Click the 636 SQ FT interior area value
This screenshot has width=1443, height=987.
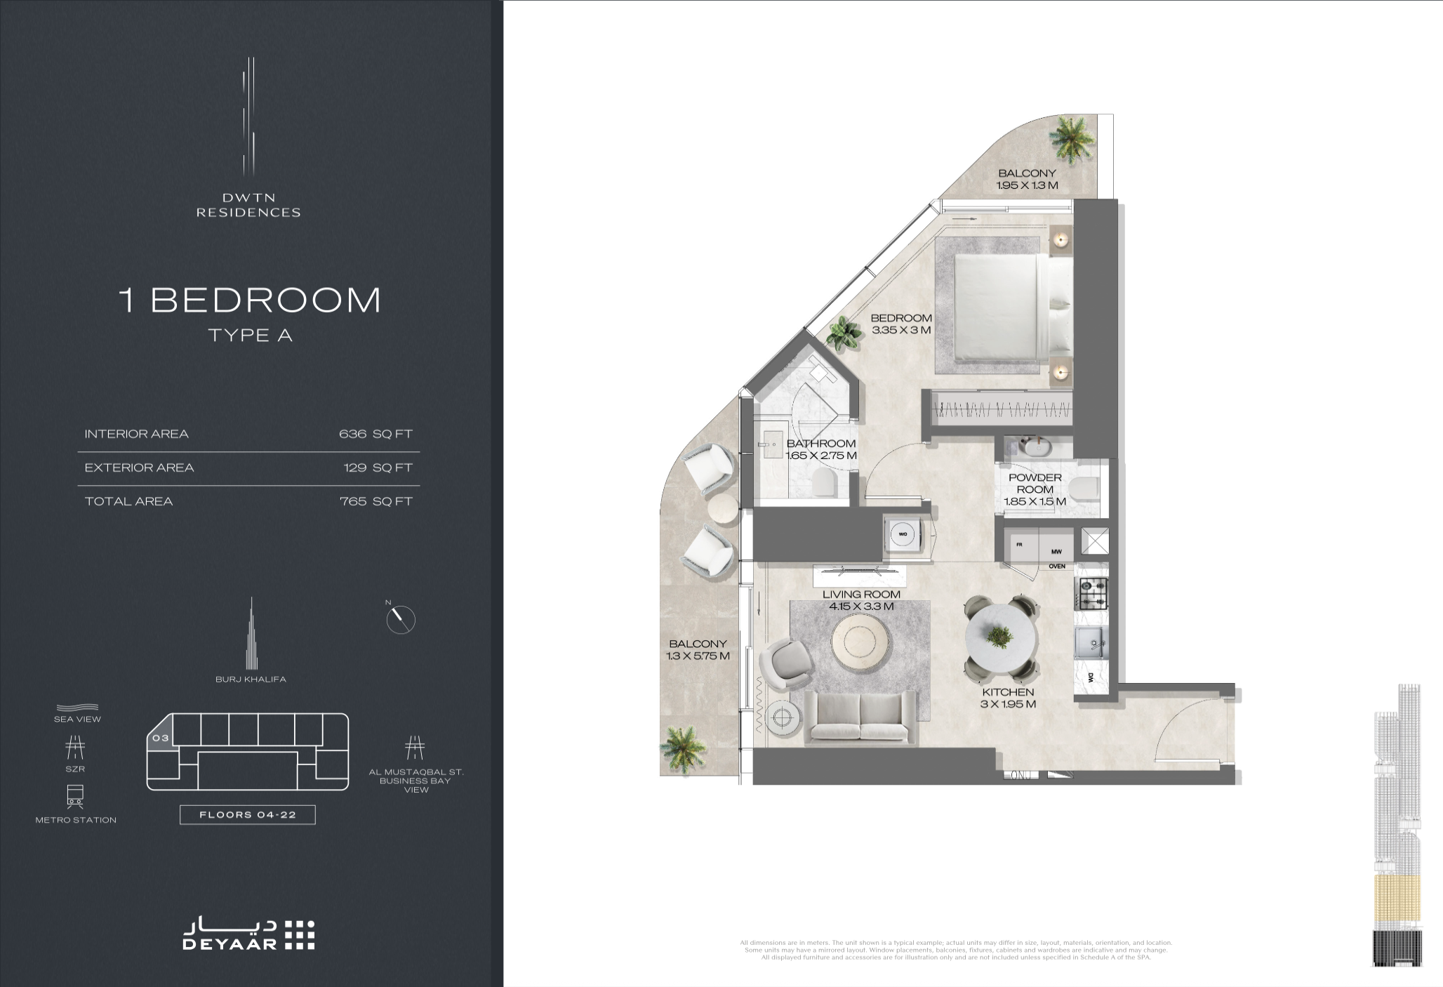tap(375, 434)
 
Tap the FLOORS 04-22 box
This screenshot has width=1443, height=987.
tap(247, 815)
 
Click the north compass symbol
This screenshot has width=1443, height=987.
tap(401, 619)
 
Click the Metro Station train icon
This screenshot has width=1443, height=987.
tap(75, 795)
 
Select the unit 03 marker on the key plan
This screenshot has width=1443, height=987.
tap(160, 738)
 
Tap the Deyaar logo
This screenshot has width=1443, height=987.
tap(248, 935)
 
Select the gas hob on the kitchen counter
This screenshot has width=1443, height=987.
tap(1092, 592)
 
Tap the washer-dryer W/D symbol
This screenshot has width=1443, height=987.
tap(903, 534)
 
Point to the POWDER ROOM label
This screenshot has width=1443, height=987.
tap(1035, 483)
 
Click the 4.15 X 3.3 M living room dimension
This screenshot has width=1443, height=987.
tap(861, 606)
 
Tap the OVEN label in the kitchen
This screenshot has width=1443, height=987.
tap(1056, 566)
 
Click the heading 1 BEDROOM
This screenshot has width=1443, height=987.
tap(251, 300)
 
